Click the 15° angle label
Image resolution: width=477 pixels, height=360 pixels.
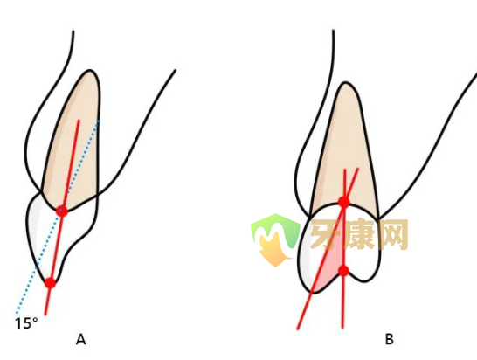(26, 323)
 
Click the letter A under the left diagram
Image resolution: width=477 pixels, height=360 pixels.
(80, 339)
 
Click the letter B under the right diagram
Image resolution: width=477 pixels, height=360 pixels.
(390, 339)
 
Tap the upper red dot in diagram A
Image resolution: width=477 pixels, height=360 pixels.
(62, 211)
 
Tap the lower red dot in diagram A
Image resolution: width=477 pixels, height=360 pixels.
(50, 283)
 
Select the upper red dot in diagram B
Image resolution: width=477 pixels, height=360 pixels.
(344, 202)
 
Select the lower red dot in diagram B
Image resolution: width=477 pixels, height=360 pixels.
(343, 271)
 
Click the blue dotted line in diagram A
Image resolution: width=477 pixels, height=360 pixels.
(58, 217)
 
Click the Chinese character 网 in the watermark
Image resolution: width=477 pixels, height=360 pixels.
(392, 233)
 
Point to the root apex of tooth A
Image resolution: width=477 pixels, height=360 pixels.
(90, 70)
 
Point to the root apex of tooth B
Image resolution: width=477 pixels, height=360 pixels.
(345, 82)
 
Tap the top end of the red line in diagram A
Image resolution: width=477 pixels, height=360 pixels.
(79, 121)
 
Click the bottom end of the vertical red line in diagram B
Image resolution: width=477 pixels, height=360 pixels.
(342, 328)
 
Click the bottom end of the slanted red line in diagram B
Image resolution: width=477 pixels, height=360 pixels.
(298, 329)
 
